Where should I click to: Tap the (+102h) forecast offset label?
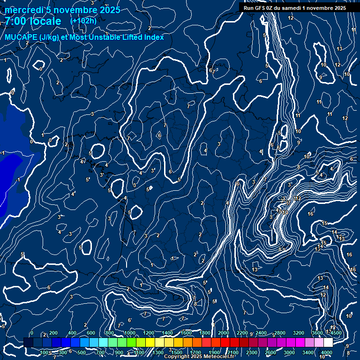[83, 21]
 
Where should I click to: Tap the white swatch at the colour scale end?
[327, 343]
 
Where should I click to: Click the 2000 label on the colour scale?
[224, 333]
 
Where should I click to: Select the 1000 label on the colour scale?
[130, 333]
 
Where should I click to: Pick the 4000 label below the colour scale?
[327, 352]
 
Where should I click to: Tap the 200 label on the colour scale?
[53, 333]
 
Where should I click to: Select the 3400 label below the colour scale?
[308, 352]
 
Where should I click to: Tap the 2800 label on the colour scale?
[280, 333]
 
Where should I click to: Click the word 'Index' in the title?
[153, 37]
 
